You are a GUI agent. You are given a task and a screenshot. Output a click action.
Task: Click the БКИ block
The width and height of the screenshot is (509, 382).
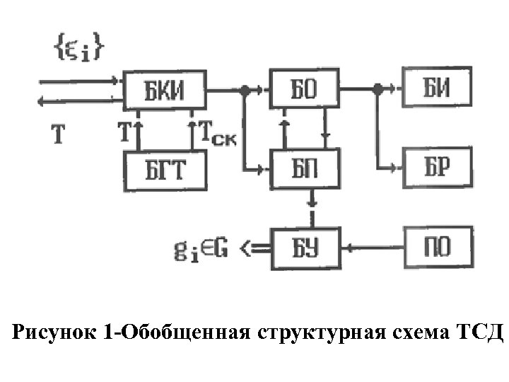[x=165, y=90]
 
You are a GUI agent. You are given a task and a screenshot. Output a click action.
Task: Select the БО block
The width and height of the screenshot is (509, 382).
[x=305, y=90]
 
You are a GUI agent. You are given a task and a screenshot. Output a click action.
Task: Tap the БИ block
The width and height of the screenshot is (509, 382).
[x=437, y=90]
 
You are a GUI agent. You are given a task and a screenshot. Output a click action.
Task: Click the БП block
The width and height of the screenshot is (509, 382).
[x=305, y=168]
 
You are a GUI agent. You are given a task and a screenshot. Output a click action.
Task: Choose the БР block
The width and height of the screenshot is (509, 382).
[x=437, y=168]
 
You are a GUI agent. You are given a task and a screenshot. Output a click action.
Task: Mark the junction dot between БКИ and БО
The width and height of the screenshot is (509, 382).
[x=244, y=90]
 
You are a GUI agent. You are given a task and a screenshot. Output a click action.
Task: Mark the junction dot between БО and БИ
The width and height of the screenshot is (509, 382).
[x=378, y=89]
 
